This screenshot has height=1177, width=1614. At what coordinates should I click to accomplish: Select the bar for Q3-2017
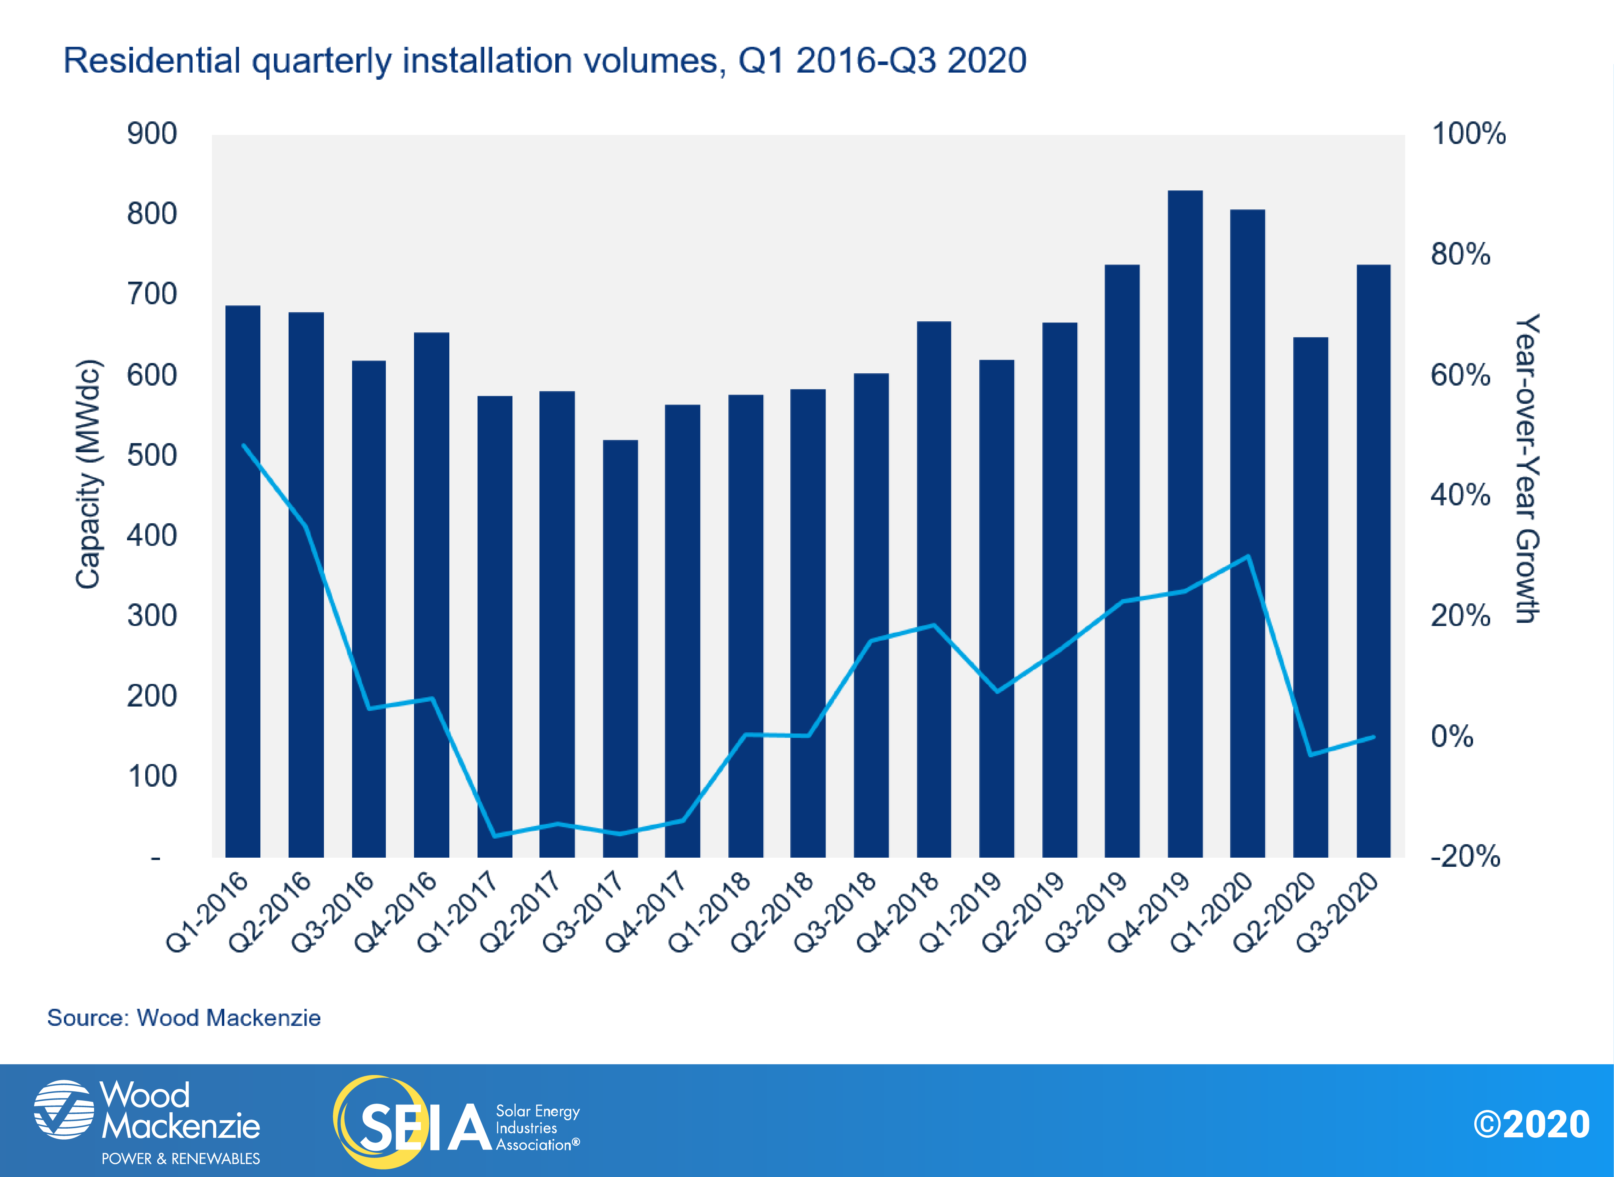(x=620, y=648)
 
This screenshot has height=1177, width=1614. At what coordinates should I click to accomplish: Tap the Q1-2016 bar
(x=243, y=581)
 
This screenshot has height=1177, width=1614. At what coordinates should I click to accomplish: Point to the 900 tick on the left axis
(x=152, y=134)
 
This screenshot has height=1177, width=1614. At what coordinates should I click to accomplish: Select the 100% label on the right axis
(x=1469, y=134)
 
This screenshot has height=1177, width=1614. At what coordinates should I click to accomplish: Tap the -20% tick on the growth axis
(x=1465, y=856)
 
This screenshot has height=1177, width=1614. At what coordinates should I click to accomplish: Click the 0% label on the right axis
(x=1452, y=736)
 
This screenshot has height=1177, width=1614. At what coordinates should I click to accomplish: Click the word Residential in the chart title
(x=152, y=61)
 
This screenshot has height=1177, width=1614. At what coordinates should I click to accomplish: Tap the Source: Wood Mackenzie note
(x=184, y=1018)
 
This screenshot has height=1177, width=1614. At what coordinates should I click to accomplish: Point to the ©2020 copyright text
(x=1531, y=1124)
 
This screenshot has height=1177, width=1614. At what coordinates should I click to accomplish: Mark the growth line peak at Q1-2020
(x=1248, y=557)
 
